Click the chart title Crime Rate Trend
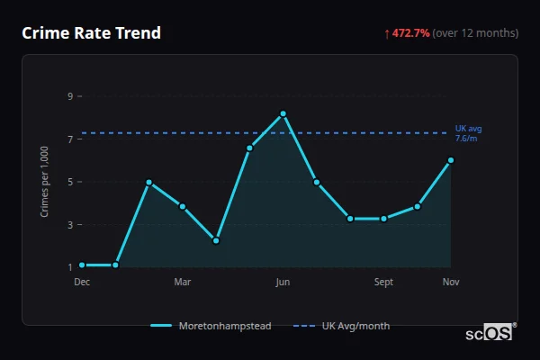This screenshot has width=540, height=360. (x=91, y=33)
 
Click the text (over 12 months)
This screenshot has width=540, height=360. (x=475, y=33)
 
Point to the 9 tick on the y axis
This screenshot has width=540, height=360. (x=69, y=95)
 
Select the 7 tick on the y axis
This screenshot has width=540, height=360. (x=69, y=139)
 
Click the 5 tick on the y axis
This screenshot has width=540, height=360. (x=69, y=182)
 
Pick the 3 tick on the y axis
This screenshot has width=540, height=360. (x=69, y=225)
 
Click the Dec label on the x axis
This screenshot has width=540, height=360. (x=82, y=282)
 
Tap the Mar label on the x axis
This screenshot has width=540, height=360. (x=183, y=282)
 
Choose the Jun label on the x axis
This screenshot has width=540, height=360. (x=283, y=282)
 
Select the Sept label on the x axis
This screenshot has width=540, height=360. (x=384, y=282)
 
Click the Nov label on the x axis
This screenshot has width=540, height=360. (x=451, y=282)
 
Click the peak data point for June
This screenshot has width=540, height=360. (x=283, y=113)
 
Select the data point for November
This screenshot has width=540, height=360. (x=451, y=160)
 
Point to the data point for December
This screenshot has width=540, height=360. (x=82, y=265)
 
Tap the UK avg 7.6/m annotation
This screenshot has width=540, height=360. (x=466, y=133)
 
